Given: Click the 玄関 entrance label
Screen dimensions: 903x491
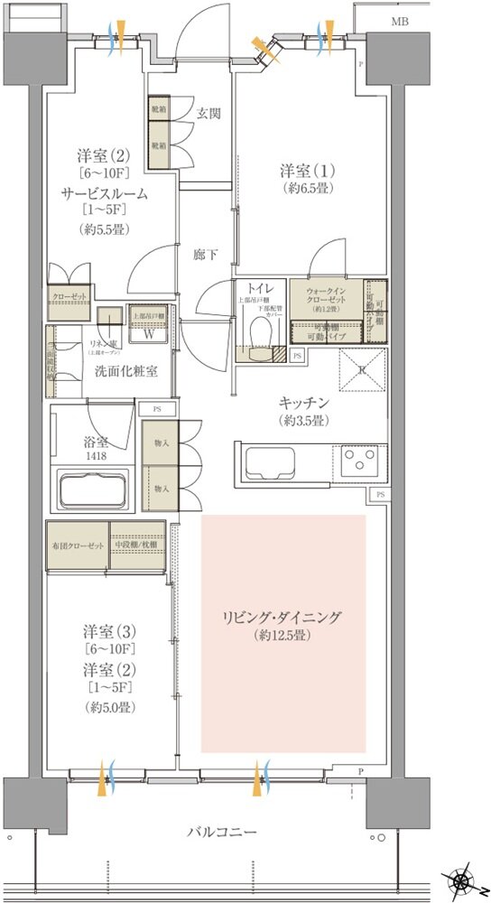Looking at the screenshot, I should (x=209, y=114).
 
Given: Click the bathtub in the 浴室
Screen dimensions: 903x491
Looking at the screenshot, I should (x=93, y=490).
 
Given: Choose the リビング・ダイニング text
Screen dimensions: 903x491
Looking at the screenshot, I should (x=283, y=618).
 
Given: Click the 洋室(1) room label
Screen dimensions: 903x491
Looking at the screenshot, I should (x=303, y=171).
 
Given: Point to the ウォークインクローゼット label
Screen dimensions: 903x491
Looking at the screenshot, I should (x=324, y=297).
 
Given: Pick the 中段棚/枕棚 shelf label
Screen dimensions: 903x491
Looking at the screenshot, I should (x=137, y=547).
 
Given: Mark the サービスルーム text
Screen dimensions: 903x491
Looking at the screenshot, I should (x=104, y=194).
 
